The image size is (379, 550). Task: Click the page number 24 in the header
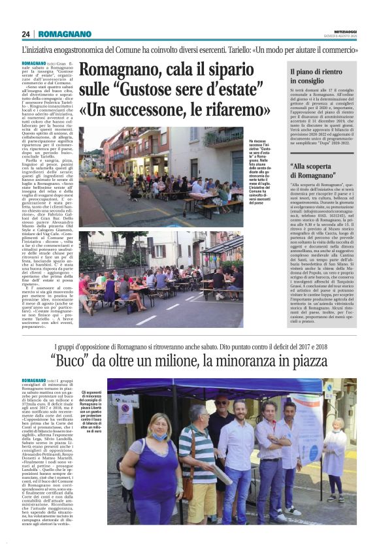click(25, 34)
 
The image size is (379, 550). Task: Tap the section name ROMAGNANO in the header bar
click(65, 34)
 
